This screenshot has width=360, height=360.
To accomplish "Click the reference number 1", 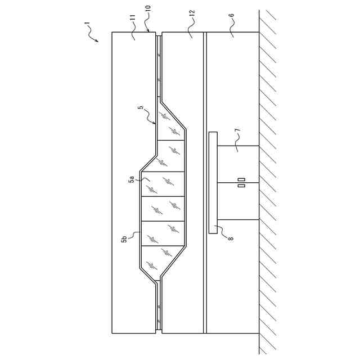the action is [x=87, y=24].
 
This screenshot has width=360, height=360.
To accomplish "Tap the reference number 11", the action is [x=133, y=17].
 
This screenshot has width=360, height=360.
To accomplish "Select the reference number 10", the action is [x=148, y=8].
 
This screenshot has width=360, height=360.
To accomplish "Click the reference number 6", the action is [x=232, y=15].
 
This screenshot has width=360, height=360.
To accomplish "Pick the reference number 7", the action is [x=238, y=130].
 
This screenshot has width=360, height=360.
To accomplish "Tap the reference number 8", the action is [x=231, y=238].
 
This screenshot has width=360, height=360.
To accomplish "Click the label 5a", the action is [x=132, y=179].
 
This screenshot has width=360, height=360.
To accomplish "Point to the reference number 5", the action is [x=141, y=107].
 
